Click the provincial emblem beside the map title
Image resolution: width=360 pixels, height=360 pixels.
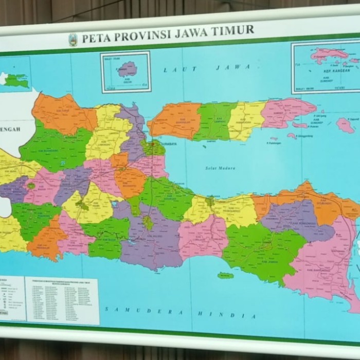(73, 40)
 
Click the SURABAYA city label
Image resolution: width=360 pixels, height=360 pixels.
(167, 144)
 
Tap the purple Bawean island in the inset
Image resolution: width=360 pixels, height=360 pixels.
(128, 68)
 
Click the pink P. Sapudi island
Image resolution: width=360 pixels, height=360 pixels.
(345, 125)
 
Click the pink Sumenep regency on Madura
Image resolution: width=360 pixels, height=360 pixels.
(285, 113)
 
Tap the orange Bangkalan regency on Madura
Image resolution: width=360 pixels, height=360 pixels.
(176, 121)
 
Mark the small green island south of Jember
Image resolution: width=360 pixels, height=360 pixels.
(225, 276)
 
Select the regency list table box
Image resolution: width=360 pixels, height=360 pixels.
(62, 299)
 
